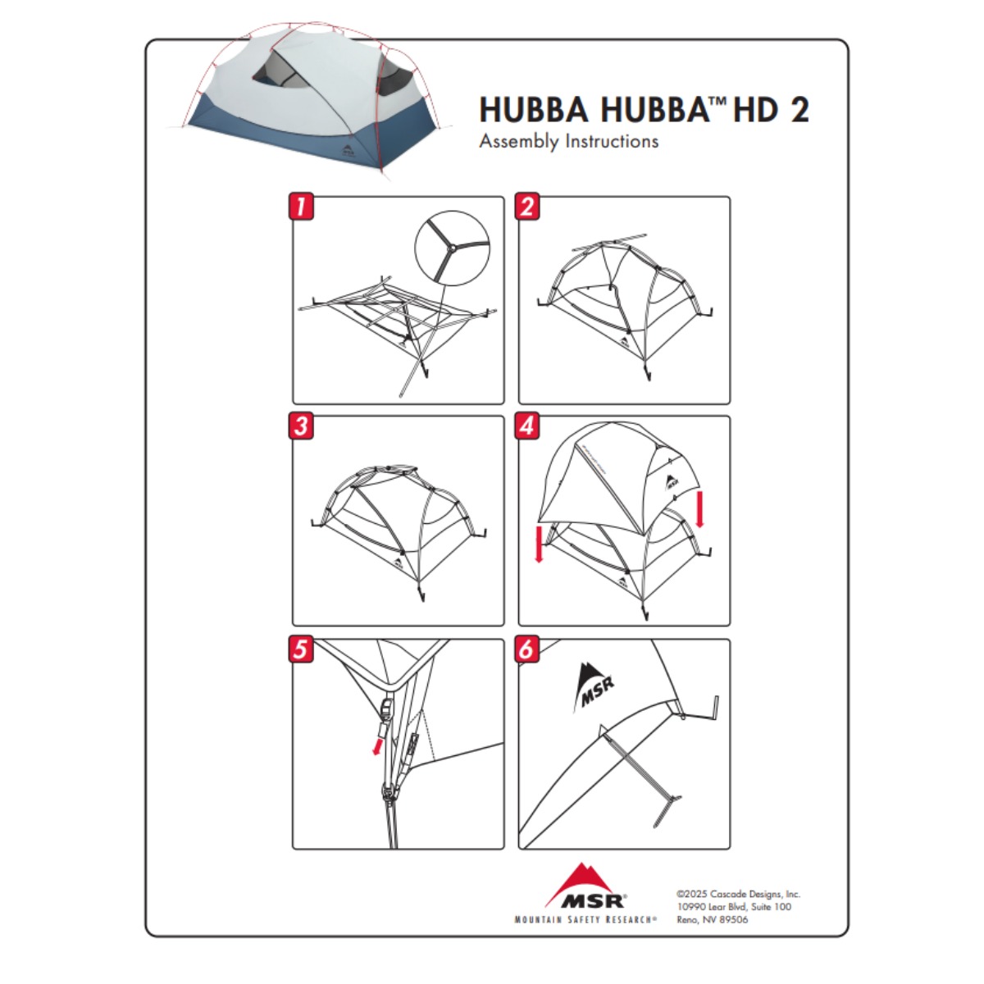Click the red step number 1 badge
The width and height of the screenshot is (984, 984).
301,207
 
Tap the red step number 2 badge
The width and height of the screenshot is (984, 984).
527,207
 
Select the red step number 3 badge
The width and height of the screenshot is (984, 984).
301,426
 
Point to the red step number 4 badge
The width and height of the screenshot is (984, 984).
527,426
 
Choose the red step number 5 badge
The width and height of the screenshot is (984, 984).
301,649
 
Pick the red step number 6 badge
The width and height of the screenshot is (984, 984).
527,649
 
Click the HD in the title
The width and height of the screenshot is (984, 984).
756,110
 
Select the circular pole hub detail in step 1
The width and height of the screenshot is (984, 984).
452,247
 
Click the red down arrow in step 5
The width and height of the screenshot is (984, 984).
378,745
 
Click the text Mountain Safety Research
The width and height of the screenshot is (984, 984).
585,920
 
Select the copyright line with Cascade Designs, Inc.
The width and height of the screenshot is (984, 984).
738,894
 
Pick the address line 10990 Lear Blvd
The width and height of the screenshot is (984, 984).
734,907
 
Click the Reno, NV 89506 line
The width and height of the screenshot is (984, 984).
713,920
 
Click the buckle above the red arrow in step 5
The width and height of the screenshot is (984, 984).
388,708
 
